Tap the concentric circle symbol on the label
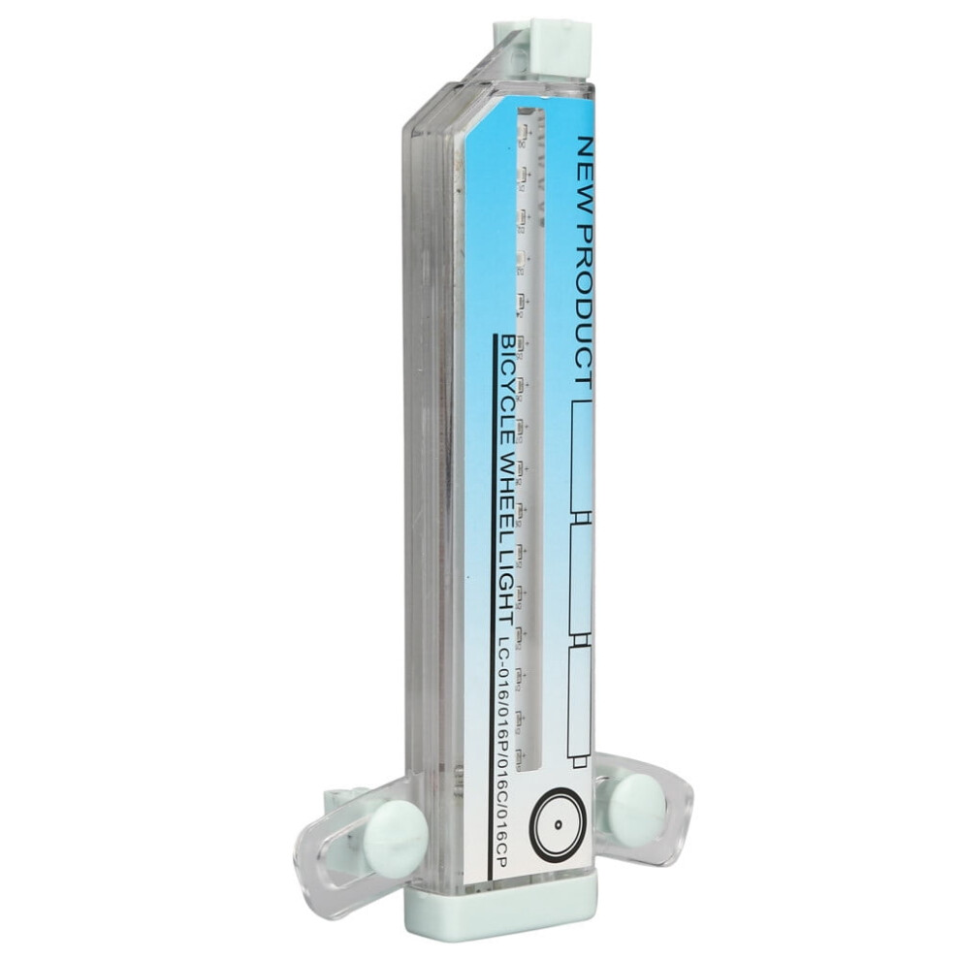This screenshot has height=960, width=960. point(558,824)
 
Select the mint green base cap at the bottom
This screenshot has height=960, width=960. point(500,903)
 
